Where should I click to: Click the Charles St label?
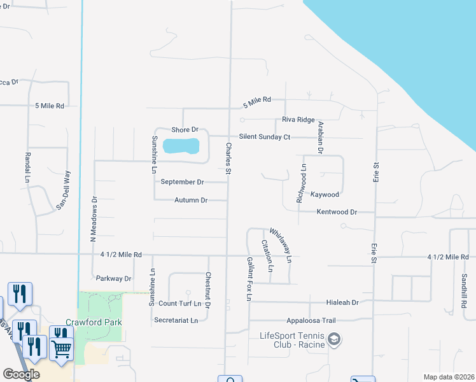click(x=228, y=159)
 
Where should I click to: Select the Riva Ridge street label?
click(x=298, y=120)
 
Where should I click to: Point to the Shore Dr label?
click(x=185, y=130)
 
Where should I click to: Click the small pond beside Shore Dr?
click(x=181, y=146)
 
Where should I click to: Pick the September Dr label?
click(x=182, y=182)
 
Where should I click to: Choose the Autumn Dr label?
click(x=191, y=201)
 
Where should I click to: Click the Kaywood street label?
click(x=325, y=194)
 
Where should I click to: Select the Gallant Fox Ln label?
click(x=249, y=279)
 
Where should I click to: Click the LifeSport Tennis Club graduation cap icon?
click(x=333, y=340)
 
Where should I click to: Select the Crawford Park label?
click(x=94, y=322)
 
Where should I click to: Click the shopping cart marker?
click(x=60, y=348)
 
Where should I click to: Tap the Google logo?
click(x=21, y=374)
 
